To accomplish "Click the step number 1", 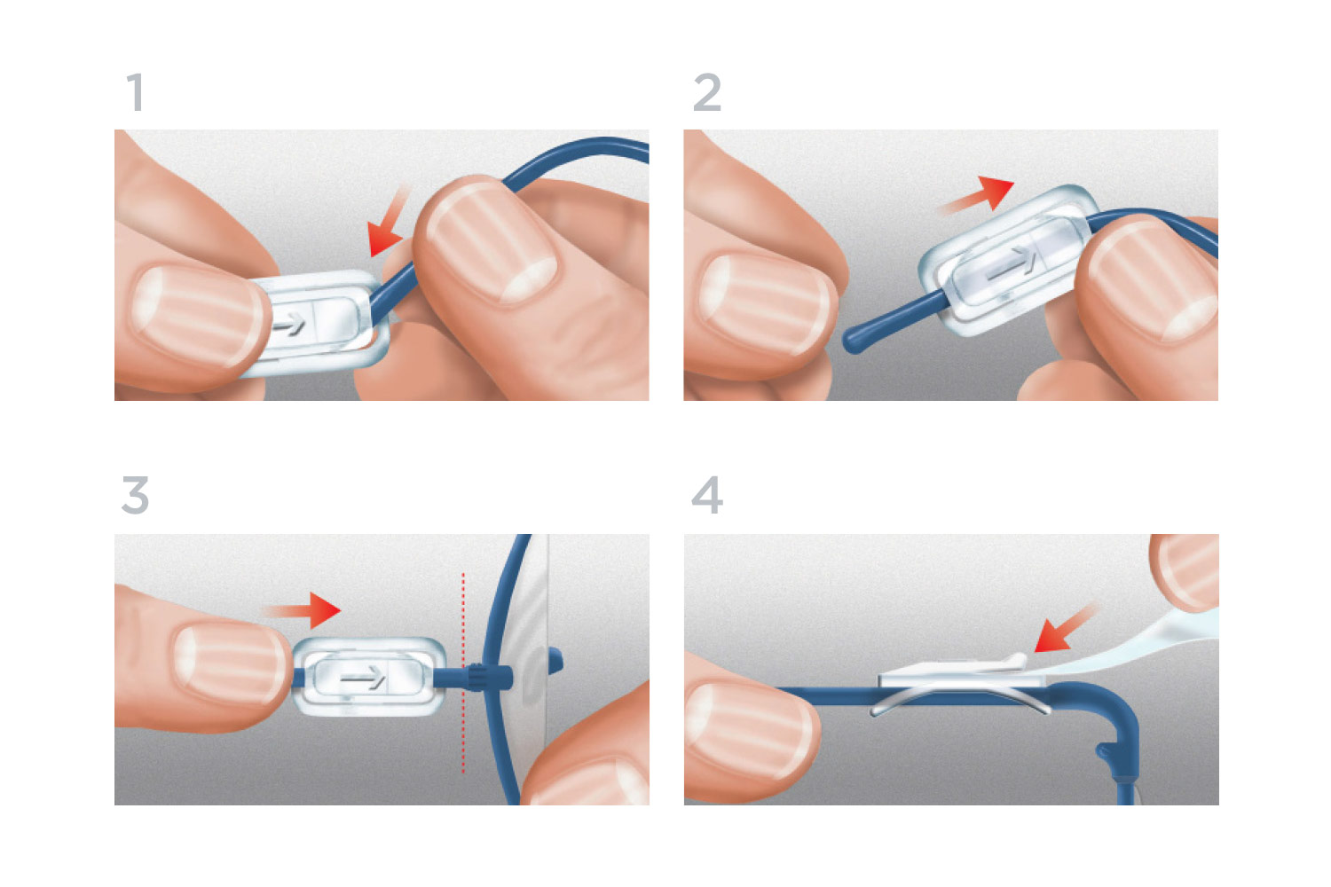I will tap(135, 93).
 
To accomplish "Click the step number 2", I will tap(707, 93).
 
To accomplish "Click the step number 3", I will tap(135, 495).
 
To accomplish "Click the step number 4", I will tap(707, 495).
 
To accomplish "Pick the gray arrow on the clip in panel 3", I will tap(364, 679).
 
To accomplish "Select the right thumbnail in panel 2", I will tap(1154, 277).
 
